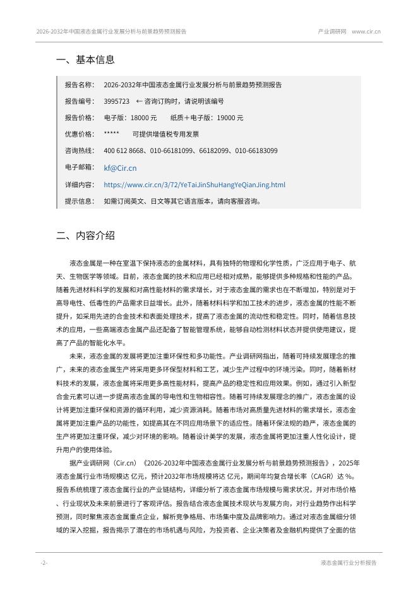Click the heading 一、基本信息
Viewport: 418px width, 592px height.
pos(85,60)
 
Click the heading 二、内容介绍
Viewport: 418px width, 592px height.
pos(85,236)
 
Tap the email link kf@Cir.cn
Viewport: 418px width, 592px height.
pos(120,168)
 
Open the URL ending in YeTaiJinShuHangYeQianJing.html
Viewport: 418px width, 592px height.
pos(194,185)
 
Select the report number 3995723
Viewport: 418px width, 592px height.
pos(116,101)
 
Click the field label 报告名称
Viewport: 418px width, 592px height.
pos(79,85)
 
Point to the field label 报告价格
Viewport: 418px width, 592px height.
pos(79,118)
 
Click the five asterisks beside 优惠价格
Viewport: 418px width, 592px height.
pos(111,134)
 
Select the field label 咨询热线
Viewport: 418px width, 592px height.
pos(79,151)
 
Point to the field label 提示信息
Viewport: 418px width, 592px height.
pos(79,201)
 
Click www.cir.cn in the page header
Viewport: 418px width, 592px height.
pos(366,31)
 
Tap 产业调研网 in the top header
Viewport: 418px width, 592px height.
pos(331,31)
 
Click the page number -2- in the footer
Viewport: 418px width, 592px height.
pos(44,562)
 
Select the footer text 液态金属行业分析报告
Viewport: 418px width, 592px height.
pos(349,562)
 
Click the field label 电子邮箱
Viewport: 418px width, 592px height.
pos(79,168)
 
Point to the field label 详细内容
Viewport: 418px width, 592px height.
pos(79,185)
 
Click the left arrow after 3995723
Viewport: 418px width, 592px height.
pos(139,101)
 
